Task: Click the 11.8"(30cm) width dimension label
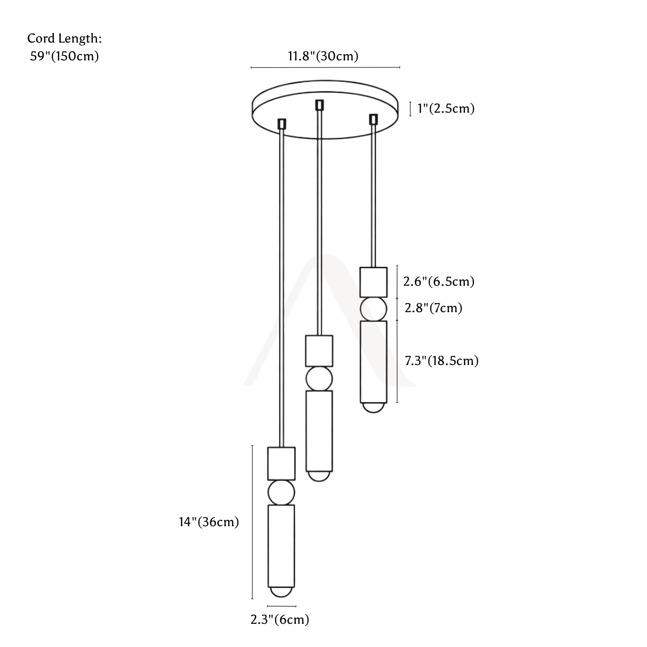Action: [x=323, y=56]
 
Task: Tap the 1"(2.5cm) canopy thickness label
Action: [x=445, y=108]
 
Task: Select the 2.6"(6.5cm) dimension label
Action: [x=438, y=281]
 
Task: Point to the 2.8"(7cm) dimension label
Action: [x=433, y=308]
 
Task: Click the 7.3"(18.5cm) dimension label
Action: [x=442, y=361]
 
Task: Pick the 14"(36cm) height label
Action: [x=209, y=522]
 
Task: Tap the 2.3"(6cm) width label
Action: [x=280, y=619]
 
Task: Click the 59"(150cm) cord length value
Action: [x=65, y=56]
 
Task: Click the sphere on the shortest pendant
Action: [x=373, y=309]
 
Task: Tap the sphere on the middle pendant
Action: [x=319, y=378]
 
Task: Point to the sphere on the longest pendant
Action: [x=281, y=492]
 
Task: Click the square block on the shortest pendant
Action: [x=373, y=282]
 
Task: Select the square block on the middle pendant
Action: [x=319, y=350]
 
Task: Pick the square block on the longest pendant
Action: [x=281, y=463]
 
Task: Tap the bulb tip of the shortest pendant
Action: [x=373, y=408]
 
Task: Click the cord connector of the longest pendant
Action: [x=281, y=124]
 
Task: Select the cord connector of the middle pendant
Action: [x=319, y=105]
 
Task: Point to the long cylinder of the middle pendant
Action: [x=319, y=431]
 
